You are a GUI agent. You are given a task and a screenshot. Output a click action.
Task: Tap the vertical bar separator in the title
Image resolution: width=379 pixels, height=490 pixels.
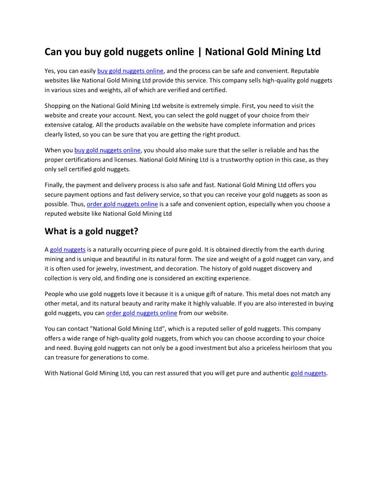pos(200,52)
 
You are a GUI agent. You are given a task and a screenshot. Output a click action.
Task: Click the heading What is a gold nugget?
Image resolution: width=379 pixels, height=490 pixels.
pos(91,231)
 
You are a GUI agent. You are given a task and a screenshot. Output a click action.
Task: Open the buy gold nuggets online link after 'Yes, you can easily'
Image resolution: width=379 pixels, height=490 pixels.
pos(130,71)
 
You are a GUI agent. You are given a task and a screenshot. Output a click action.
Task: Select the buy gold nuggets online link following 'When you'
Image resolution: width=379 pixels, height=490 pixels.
pos(107,150)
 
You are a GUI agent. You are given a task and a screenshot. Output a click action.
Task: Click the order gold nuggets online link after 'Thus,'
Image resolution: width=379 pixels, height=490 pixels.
pos(122,204)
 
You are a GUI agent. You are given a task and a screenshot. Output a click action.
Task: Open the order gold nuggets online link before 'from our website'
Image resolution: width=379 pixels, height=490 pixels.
pos(142,313)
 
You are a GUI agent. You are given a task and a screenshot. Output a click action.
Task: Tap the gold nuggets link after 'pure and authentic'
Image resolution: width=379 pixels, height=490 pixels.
pos(308,373)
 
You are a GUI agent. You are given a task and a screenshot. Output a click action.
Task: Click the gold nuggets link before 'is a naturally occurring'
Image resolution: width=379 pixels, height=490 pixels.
pos(68,250)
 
